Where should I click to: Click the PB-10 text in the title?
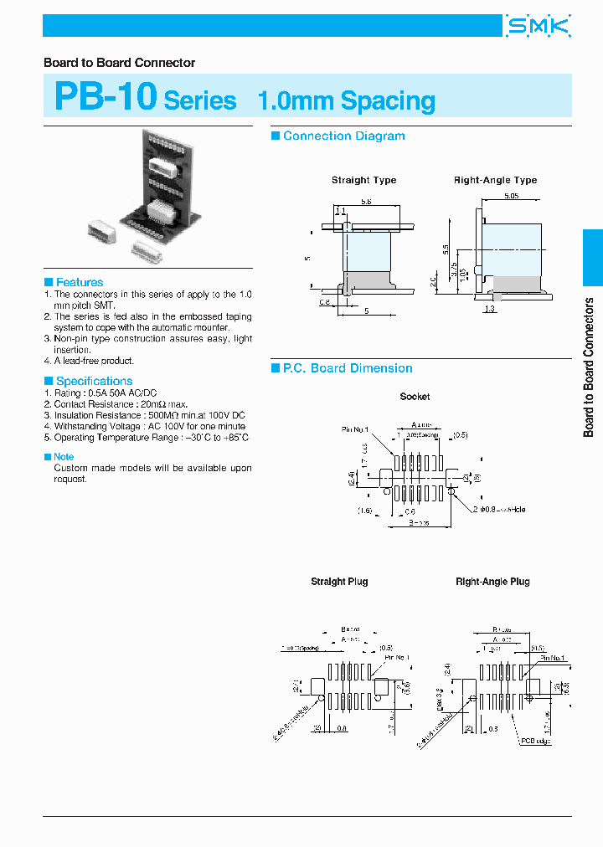click(106, 97)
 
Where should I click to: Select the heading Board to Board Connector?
click(119, 63)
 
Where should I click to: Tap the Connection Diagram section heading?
click(343, 136)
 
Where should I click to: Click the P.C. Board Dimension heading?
click(348, 368)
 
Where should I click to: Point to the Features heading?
click(80, 282)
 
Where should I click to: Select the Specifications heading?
click(94, 381)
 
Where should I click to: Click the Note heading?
click(64, 457)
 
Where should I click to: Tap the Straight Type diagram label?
click(363, 180)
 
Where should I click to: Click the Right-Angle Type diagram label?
click(495, 180)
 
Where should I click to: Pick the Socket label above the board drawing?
click(415, 396)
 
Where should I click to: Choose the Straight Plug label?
click(339, 582)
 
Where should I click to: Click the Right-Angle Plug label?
click(492, 582)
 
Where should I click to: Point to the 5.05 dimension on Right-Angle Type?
click(511, 196)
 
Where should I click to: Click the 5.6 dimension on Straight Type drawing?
click(367, 202)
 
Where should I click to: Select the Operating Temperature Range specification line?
click(147, 438)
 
